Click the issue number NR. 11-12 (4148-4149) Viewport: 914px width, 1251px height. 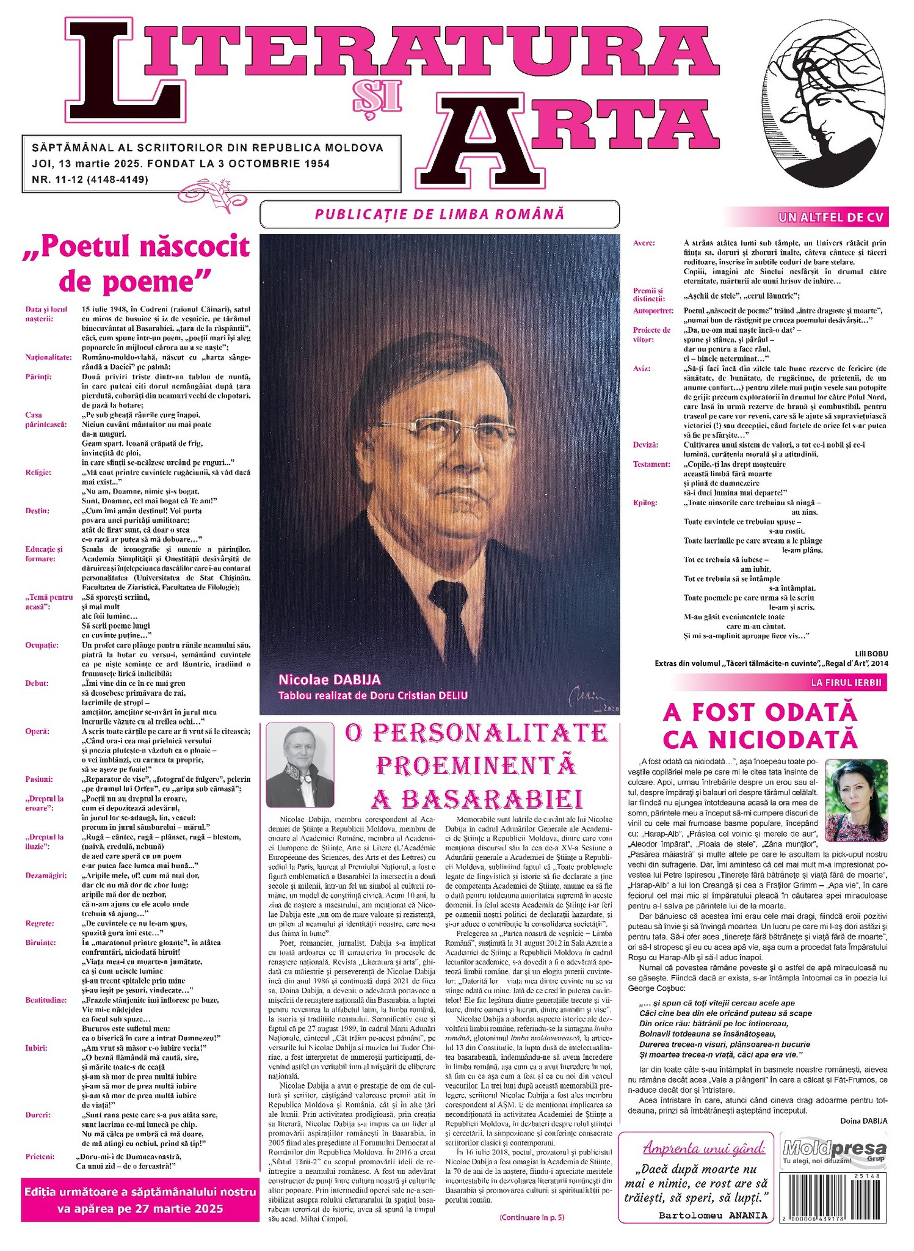(90, 180)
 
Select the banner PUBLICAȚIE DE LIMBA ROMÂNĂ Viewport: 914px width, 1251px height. (439, 214)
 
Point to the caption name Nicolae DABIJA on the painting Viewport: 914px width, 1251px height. (329, 679)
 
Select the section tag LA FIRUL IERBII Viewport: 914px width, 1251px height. (846, 682)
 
